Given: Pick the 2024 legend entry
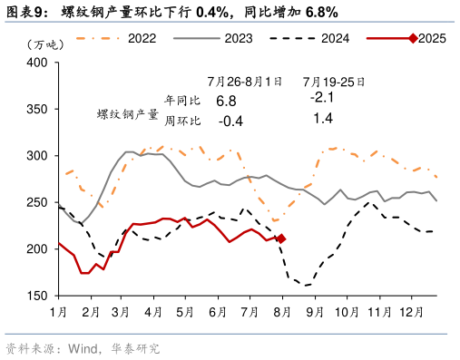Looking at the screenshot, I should [x=335, y=38].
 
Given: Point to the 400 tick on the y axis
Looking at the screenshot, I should [x=37, y=63].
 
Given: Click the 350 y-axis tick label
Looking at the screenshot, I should [x=37, y=109].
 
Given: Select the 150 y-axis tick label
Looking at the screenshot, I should [x=37, y=296].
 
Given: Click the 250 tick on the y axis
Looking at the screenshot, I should [x=37, y=202].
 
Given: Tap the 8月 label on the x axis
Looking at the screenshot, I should [x=281, y=311].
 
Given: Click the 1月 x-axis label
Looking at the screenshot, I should [x=57, y=311].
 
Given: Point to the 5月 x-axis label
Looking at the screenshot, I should [x=185, y=311].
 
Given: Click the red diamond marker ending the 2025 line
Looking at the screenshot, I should [x=281, y=238].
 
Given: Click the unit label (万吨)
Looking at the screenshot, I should [x=45, y=44].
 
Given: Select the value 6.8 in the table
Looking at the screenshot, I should [x=226, y=100].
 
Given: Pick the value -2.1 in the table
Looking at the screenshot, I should [x=322, y=97].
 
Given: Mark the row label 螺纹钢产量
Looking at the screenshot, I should [x=127, y=115].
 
